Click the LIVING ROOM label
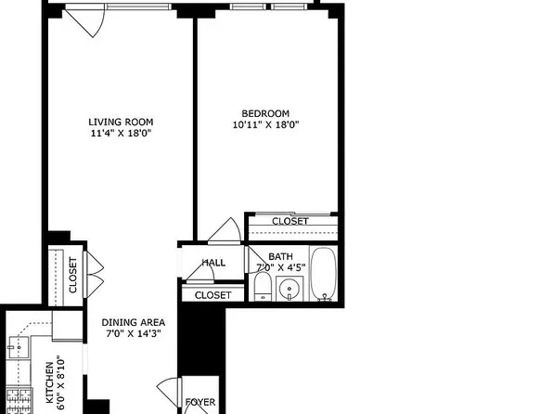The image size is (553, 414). coord(121,122)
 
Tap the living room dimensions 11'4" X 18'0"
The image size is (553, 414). coord(121,135)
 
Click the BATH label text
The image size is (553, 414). coord(279,256)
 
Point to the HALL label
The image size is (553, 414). coord(214,263)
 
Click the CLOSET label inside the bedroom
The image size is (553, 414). coord(290,221)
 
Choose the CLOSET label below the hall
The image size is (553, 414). coord(212,294)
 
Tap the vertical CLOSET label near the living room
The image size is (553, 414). coord(73,276)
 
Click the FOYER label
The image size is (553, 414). coord(201,403)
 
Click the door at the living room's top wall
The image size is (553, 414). coord(84,21)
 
